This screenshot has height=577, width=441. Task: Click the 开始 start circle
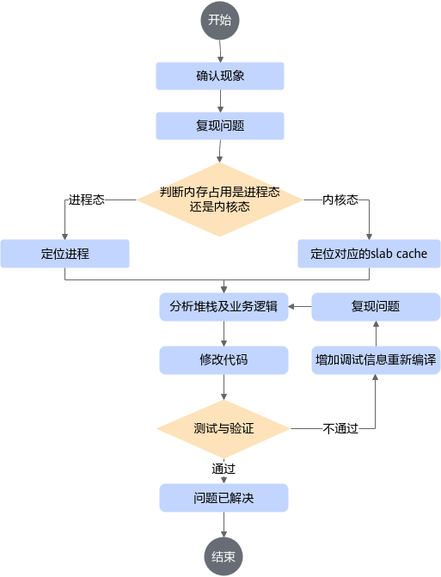pyautogui.click(x=220, y=21)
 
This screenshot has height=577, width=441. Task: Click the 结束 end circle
pyautogui.click(x=224, y=556)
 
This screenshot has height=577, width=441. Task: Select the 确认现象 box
pyautogui.click(x=220, y=77)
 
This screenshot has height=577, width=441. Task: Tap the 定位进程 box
pyautogui.click(x=65, y=254)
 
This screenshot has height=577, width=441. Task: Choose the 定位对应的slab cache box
pyautogui.click(x=369, y=254)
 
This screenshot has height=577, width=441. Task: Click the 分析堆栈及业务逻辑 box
pyautogui.click(x=224, y=306)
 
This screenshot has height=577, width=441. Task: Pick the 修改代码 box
pyautogui.click(x=224, y=360)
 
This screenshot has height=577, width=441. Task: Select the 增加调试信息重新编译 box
pyautogui.click(x=376, y=360)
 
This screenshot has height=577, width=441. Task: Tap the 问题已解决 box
pyautogui.click(x=224, y=498)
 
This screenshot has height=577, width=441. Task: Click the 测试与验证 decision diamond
pyautogui.click(x=224, y=429)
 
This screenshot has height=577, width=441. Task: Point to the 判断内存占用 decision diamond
pyautogui.click(x=220, y=199)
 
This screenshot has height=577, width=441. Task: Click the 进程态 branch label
pyautogui.click(x=87, y=199)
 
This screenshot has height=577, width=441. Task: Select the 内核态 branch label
pyautogui.click(x=340, y=199)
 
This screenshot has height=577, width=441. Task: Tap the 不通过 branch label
pyautogui.click(x=340, y=429)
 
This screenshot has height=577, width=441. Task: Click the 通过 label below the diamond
pyautogui.click(x=224, y=469)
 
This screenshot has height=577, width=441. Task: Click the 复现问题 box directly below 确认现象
pyautogui.click(x=220, y=126)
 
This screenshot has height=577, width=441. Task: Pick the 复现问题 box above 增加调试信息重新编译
pyautogui.click(x=376, y=306)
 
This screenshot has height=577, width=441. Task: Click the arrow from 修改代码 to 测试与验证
pyautogui.click(x=224, y=387)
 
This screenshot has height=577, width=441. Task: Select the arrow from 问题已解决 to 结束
pyautogui.click(x=224, y=525)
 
